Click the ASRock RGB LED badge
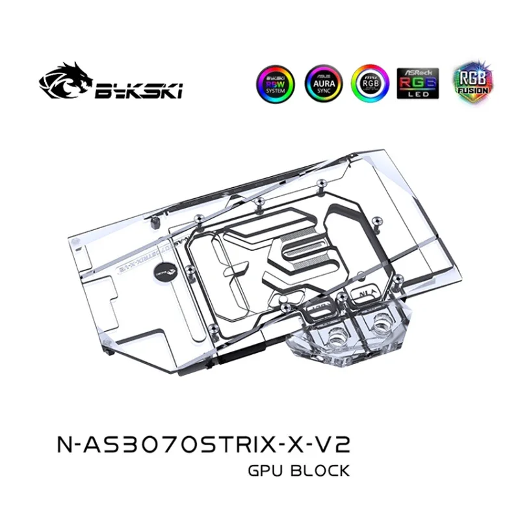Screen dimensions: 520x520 click(417, 84)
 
